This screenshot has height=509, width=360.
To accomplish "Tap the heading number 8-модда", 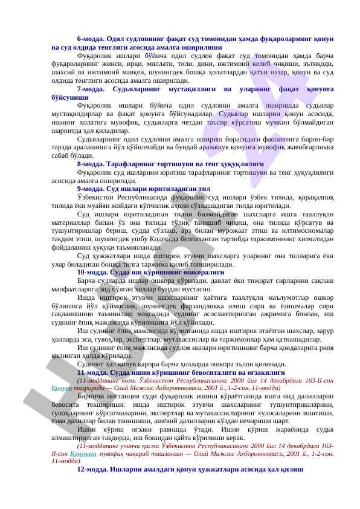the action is click(91, 163).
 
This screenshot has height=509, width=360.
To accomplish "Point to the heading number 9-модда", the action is click(91, 189).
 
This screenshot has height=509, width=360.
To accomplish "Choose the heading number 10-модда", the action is click(92, 271).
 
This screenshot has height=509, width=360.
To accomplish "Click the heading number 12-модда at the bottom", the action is click(92, 470).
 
